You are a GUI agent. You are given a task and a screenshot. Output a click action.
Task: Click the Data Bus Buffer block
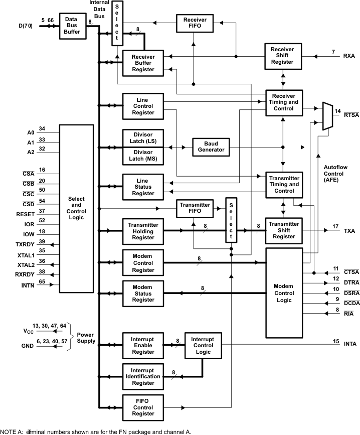coord(73,26)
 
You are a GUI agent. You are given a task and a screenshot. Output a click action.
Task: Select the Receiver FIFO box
coord(195,23)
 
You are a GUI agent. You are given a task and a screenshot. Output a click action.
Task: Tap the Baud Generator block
coord(211,147)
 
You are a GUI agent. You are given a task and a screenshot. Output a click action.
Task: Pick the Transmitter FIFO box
coord(195,208)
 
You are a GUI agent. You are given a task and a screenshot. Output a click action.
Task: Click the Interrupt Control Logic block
coord(203,346)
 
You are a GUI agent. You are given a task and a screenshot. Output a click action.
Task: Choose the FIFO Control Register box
coord(143,407)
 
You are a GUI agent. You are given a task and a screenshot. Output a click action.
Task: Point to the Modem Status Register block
coord(143,294)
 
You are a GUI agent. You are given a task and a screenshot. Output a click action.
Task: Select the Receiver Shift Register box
coord(283,56)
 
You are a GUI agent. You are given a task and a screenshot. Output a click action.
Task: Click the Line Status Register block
coord(143,187)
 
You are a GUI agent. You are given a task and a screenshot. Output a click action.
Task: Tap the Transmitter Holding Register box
coord(143,231)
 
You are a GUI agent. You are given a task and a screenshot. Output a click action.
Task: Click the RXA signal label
coord(349,56)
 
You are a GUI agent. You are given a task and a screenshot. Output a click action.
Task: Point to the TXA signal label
coord(349,231)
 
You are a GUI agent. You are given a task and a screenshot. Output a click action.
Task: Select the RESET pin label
coord(26,214)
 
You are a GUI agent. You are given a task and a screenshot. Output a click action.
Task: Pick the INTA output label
coord(350,344)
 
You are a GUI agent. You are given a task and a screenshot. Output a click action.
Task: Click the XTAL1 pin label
coord(26,255)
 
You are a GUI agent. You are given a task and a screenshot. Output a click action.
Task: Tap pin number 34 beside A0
coord(42,128)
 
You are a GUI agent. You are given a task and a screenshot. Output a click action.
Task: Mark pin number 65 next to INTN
coord(42,281)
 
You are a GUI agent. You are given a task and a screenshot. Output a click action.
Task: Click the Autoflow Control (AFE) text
coord(335,174)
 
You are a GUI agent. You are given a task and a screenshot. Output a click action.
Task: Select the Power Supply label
coord(86,338)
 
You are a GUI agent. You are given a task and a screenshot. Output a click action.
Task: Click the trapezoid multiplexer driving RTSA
coord(327,116)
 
